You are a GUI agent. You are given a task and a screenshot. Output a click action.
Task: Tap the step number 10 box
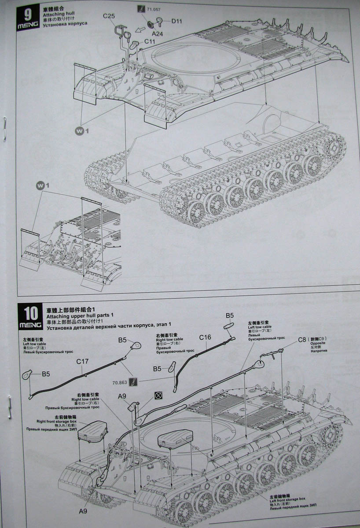(31, 314)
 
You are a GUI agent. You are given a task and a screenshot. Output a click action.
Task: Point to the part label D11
(177, 21)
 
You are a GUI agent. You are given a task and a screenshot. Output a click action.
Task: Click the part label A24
(158, 33)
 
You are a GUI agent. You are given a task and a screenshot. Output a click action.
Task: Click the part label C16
(205, 337)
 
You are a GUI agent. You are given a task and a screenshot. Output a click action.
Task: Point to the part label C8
(302, 339)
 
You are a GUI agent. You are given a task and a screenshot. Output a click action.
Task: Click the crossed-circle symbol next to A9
(157, 396)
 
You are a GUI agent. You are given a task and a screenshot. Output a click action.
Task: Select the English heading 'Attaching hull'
(58, 14)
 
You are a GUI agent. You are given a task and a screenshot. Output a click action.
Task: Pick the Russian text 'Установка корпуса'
(65, 23)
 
